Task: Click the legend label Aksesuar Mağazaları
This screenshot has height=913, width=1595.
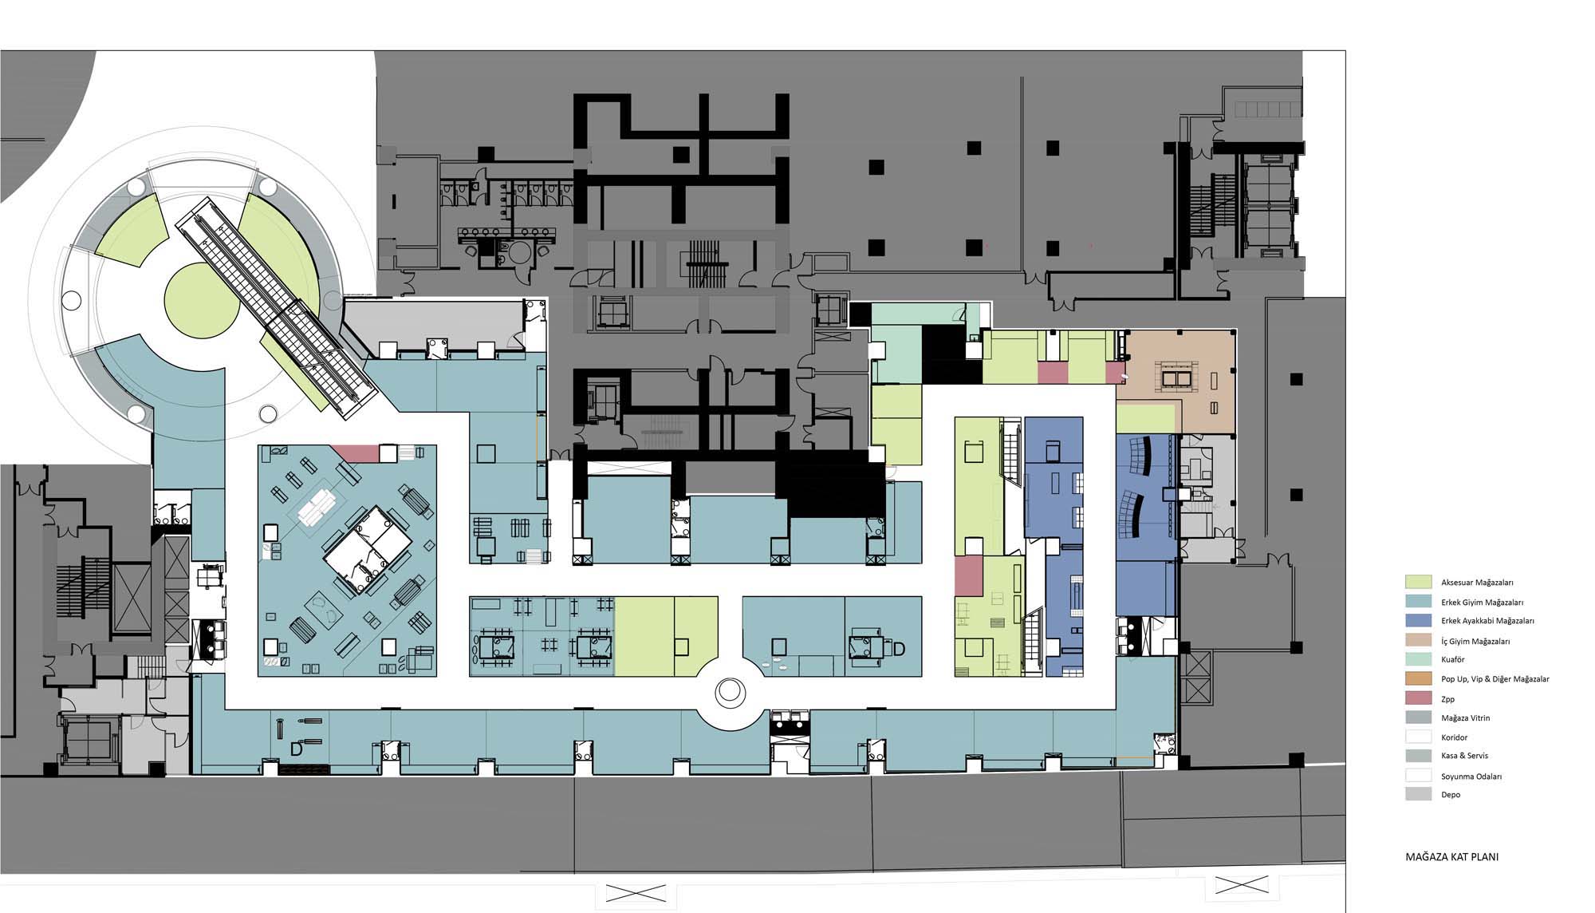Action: point(1477,583)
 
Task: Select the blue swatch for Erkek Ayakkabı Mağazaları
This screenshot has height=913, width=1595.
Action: point(1418,620)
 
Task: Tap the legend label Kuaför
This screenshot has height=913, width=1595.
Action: point(1452,660)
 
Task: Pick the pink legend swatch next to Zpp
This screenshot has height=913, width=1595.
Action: point(1418,698)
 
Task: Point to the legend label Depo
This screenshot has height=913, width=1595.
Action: point(1451,795)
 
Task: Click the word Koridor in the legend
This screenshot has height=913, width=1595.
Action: point(1455,737)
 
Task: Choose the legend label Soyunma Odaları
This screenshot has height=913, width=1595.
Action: point(1471,776)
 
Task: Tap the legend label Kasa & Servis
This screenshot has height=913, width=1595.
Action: point(1464,756)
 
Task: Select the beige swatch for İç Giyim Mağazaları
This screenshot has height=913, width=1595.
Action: point(1418,640)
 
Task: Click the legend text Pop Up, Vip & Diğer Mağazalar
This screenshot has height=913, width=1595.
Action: point(1495,679)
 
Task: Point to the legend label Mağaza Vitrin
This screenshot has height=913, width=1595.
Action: point(1465,718)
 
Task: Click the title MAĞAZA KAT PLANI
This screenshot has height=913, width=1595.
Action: point(1451,857)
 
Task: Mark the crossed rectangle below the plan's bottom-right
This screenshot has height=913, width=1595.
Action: point(1242,884)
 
